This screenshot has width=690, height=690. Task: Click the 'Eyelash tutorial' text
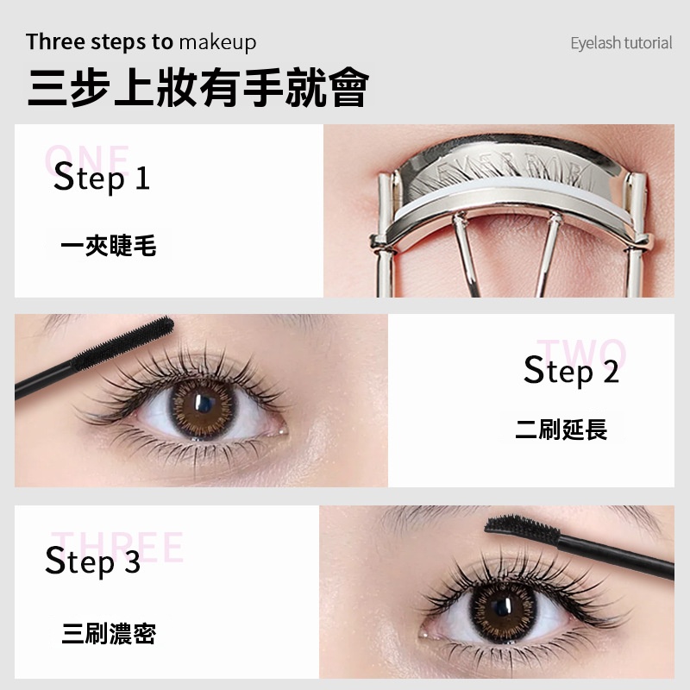620,43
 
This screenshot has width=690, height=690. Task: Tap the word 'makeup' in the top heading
217,41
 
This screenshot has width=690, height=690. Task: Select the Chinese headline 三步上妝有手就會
198,87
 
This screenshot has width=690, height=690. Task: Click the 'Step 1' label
101,179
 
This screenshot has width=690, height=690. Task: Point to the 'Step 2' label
571,371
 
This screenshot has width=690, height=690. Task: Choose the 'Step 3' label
92,561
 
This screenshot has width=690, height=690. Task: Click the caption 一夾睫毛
109,246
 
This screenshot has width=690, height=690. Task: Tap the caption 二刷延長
561,429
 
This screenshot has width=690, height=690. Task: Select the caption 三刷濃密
109,635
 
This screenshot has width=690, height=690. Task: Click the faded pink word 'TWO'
581,354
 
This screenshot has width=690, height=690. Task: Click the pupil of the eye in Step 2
205,404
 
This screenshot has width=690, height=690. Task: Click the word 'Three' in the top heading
56,41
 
